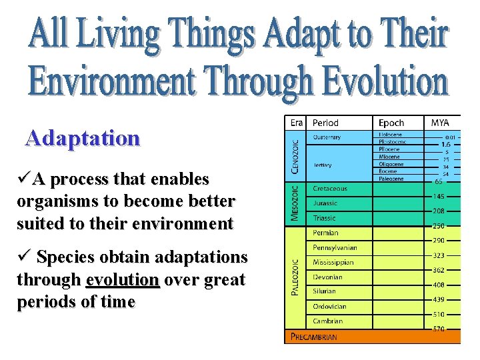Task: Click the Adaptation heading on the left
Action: tap(83, 138)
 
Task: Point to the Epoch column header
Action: tap(391, 123)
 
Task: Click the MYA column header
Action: tap(440, 123)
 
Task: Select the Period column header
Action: tap(326, 123)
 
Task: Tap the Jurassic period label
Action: tap(325, 203)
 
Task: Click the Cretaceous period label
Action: tap(330, 189)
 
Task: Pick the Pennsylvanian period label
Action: tap(335, 247)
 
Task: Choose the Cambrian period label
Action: tap(327, 321)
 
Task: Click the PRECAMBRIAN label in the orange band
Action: tap(313, 337)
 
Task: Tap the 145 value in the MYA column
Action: tap(439, 196)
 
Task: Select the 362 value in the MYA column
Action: tap(439, 270)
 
